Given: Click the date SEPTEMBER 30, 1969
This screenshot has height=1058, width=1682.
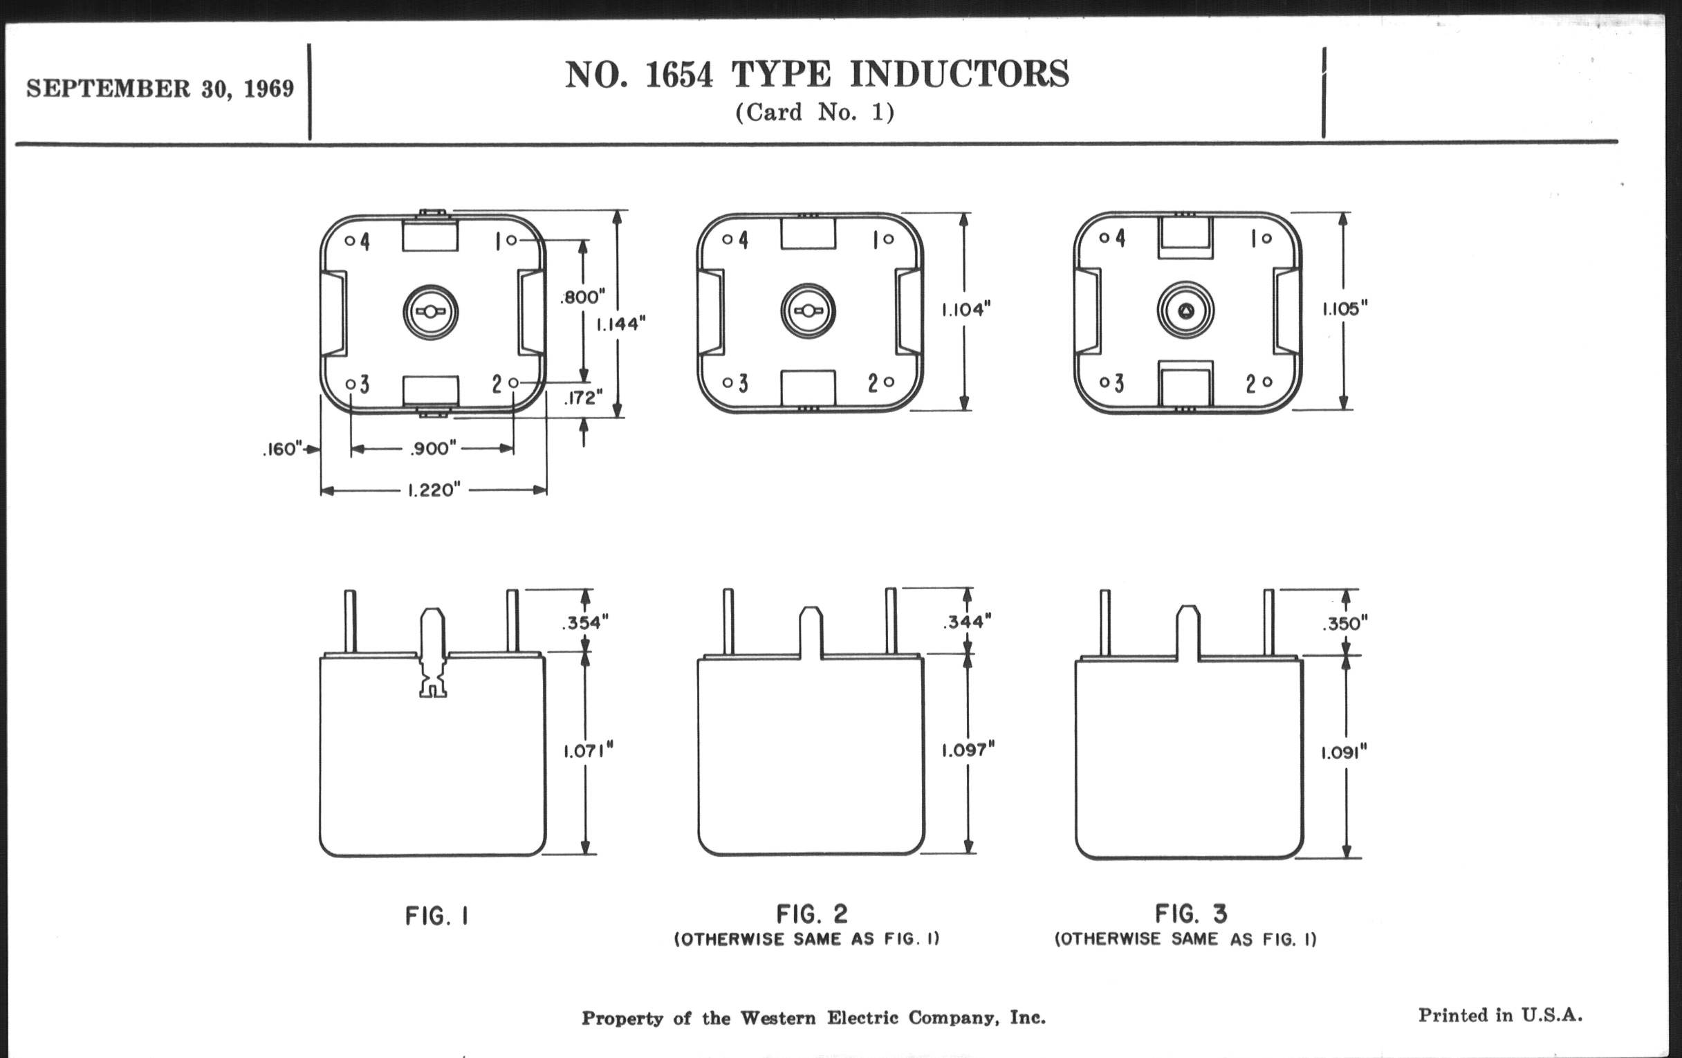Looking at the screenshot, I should [x=160, y=89].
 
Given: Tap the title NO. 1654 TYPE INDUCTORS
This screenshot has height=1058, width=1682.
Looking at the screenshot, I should [x=817, y=74].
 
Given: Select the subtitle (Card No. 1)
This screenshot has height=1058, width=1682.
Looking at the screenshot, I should [x=815, y=113].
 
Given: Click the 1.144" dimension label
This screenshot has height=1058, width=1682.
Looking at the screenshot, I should [x=621, y=324].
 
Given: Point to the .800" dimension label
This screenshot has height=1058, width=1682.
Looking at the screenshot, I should [x=582, y=297].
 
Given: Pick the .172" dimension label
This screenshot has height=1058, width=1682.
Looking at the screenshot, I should [x=583, y=398].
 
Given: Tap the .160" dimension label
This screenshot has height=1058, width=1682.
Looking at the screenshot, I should [x=282, y=449].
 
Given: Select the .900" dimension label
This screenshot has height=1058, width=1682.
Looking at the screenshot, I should [x=434, y=448].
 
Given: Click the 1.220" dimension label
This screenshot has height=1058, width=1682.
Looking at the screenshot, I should [x=434, y=490].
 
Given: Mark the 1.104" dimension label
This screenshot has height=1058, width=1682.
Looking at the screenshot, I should [x=966, y=309].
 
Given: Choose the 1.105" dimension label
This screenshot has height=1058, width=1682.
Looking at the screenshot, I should [x=1344, y=308].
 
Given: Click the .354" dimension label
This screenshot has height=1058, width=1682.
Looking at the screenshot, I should [x=585, y=622].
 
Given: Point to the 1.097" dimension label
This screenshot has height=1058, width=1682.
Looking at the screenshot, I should [x=968, y=750].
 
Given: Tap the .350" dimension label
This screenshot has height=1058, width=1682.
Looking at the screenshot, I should [x=1344, y=624].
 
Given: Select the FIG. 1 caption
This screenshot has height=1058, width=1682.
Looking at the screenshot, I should [x=437, y=916].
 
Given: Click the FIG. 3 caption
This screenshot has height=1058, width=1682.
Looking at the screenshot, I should [x=1190, y=913].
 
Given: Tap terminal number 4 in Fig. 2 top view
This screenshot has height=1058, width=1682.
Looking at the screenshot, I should [x=743, y=240].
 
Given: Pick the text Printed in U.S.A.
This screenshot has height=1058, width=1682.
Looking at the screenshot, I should [x=1500, y=1014].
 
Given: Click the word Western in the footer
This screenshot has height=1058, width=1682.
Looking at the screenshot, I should [x=777, y=1018].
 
